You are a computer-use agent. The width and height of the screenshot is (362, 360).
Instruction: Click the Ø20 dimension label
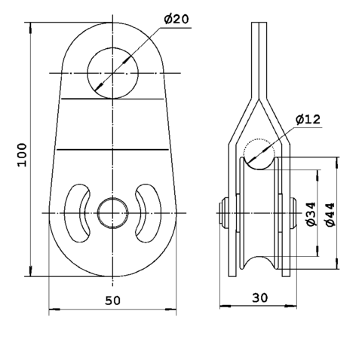pyautogui.click(x=176, y=20)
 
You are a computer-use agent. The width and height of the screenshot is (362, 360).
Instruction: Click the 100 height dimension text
pyautogui.click(x=22, y=154)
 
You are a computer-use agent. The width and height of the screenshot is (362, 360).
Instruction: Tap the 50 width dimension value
pyautogui.click(x=112, y=301)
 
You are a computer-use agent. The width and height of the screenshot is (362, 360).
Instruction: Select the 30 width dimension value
pyautogui.click(x=260, y=297)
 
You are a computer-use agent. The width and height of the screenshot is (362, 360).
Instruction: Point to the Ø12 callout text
pyautogui.click(x=308, y=119)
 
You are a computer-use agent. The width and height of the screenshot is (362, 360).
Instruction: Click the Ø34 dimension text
pyautogui.click(x=311, y=214)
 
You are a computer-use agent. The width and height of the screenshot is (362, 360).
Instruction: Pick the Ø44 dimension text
pyautogui.click(x=330, y=214)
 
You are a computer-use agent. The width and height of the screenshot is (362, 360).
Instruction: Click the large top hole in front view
pyautogui.click(x=112, y=73)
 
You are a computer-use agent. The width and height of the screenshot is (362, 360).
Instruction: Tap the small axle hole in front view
pyautogui.click(x=112, y=213)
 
